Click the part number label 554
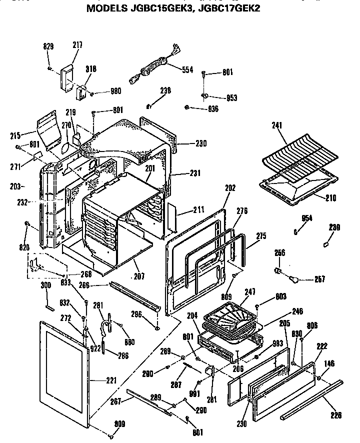pyautogui.click(x=187, y=70)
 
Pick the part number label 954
pyautogui.click(x=306, y=218)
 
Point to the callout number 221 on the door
pyautogui.click(x=111, y=381)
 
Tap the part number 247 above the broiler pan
pyautogui.click(x=250, y=291)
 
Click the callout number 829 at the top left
pyautogui.click(x=48, y=46)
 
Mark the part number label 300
pyautogui.click(x=45, y=285)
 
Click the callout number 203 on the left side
pyautogui.click(x=15, y=186)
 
